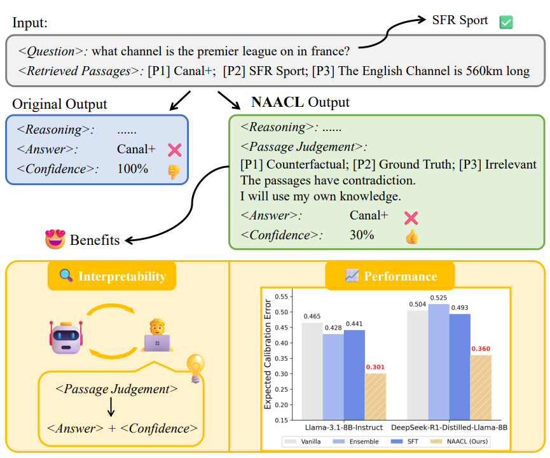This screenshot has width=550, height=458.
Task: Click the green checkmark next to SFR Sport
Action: (506, 22)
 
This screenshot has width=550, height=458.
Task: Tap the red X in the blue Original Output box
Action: (174, 149)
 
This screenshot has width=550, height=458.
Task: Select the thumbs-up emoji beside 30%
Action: (411, 236)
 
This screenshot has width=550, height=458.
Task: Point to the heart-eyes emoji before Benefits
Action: (55, 240)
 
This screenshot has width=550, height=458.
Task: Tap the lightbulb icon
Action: (195, 368)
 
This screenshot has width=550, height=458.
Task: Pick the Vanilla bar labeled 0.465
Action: (312, 371)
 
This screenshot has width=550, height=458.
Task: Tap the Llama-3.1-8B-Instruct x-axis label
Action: (343, 428)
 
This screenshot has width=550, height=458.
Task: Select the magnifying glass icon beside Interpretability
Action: (65, 276)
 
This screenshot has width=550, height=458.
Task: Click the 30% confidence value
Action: (362, 235)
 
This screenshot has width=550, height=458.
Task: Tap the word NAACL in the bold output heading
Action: (277, 102)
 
